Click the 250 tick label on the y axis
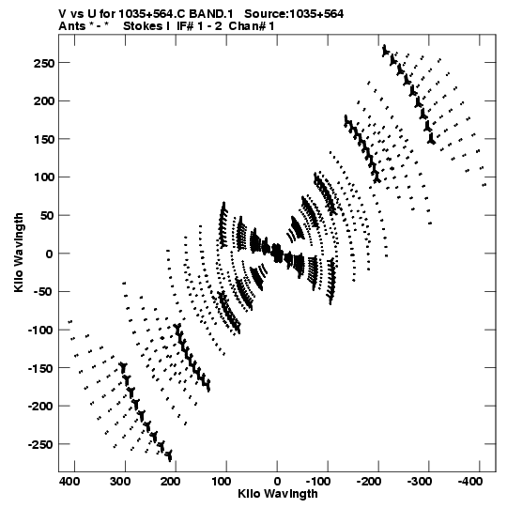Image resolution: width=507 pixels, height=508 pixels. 44,63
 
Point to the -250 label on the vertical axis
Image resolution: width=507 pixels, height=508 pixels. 41,444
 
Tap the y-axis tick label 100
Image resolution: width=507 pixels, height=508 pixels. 44,177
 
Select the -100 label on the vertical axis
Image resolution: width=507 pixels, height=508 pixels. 41,331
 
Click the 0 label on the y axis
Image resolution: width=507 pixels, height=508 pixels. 49,254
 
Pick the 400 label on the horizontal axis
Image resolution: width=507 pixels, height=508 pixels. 69,482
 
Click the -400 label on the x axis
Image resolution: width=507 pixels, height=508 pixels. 470,482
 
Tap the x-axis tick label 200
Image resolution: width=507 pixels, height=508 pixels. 170,482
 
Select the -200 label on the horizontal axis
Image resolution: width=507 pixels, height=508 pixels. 369,482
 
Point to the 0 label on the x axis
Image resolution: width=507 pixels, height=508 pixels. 277,482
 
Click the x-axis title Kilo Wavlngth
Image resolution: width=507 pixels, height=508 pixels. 278,494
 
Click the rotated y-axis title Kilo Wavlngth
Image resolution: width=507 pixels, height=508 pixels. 19,253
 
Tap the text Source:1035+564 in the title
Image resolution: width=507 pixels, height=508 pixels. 294,14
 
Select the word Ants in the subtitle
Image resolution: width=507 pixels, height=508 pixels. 72,26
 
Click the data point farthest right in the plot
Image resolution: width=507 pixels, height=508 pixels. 484,185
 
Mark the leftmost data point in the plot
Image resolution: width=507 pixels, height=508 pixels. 70,322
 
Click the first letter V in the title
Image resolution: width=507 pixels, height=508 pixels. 62,14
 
